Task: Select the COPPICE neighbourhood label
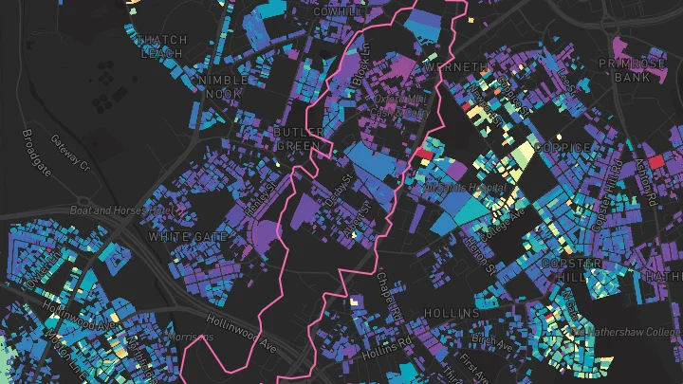tap(563, 148)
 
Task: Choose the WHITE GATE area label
tap(188, 235)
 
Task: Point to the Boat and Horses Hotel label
tap(122, 210)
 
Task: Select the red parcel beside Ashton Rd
tap(655, 156)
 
